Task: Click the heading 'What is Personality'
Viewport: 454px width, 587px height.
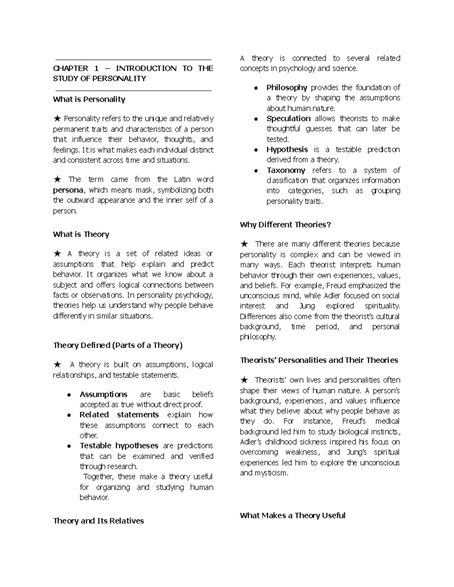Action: click(x=89, y=99)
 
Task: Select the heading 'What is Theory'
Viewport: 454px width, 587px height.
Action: click(x=81, y=234)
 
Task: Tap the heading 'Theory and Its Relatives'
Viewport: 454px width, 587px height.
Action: click(x=98, y=521)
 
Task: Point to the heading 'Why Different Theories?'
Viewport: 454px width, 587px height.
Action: click(x=285, y=225)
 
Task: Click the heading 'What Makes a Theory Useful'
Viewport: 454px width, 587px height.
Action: click(x=292, y=516)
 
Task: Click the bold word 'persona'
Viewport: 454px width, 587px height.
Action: click(x=68, y=190)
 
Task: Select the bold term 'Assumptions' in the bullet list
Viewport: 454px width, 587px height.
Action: click(x=103, y=394)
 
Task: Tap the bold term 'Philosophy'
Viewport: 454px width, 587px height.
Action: click(x=286, y=88)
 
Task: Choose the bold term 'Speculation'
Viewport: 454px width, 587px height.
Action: click(x=288, y=119)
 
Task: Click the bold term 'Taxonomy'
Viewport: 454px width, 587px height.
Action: click(x=286, y=170)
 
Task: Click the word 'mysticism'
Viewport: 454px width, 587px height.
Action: click(x=271, y=473)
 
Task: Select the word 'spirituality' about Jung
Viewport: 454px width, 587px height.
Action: click(x=382, y=306)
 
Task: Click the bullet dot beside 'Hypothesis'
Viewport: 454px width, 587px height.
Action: click(x=256, y=150)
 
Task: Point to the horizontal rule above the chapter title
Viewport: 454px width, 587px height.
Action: click(x=133, y=60)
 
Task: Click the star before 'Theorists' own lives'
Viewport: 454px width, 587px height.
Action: click(x=244, y=380)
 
